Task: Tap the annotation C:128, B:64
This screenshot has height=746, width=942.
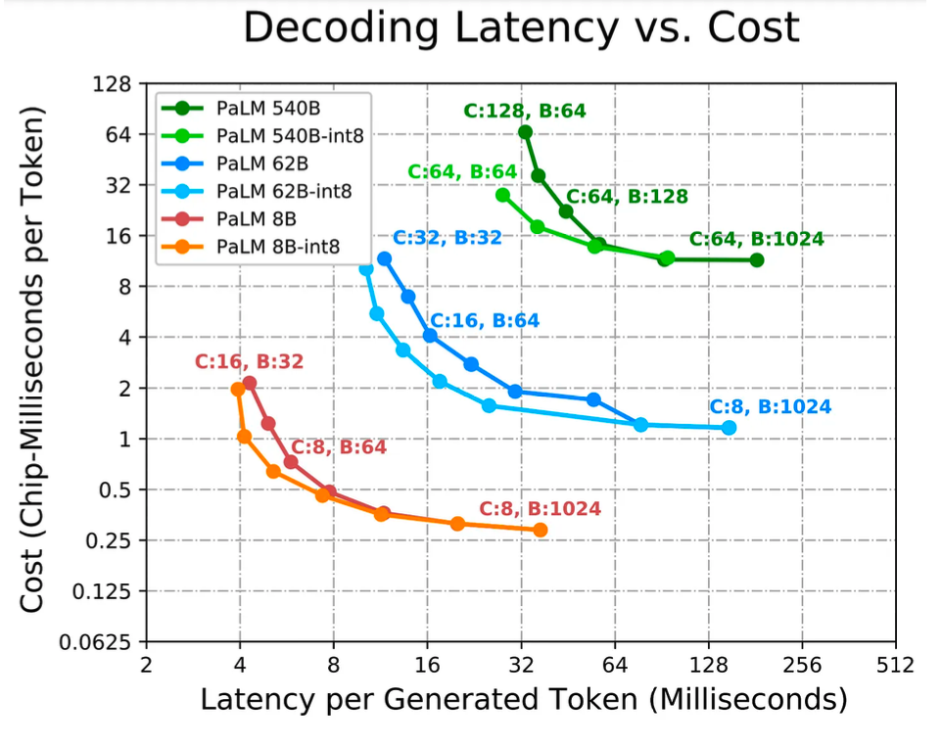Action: tap(525, 111)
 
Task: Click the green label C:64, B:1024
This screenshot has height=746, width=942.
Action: tap(756, 238)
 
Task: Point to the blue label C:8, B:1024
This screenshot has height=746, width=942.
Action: tap(770, 407)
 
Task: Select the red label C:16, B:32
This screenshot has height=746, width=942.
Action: tap(249, 361)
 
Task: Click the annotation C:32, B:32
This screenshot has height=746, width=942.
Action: tap(447, 238)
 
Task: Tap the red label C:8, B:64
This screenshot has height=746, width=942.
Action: tap(338, 446)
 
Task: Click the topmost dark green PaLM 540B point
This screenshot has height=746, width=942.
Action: tap(525, 132)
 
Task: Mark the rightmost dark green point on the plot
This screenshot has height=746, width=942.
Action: tap(756, 259)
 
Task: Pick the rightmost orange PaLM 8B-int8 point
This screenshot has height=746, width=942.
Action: tap(540, 530)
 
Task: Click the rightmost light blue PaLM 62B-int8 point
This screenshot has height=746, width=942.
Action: tap(729, 428)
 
